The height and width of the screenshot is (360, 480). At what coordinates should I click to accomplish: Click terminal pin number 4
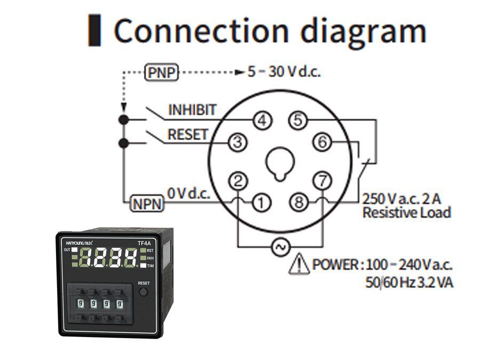pyautogui.click(x=261, y=121)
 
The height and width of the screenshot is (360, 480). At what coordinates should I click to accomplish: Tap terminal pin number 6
pyautogui.click(x=322, y=142)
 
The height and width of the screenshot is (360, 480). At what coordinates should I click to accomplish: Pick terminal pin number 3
pyautogui.click(x=238, y=142)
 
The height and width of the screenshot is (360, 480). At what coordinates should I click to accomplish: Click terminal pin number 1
pyautogui.click(x=261, y=203)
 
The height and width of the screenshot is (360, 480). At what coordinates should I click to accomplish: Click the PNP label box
pyautogui.click(x=162, y=72)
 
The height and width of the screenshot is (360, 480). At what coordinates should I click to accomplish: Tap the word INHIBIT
pyautogui.click(x=193, y=110)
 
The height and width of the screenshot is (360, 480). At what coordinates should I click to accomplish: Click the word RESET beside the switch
pyautogui.click(x=187, y=135)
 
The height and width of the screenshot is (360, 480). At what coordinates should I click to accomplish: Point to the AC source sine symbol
pyautogui.click(x=279, y=247)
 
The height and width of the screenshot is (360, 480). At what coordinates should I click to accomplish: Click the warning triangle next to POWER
pyautogui.click(x=299, y=265)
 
